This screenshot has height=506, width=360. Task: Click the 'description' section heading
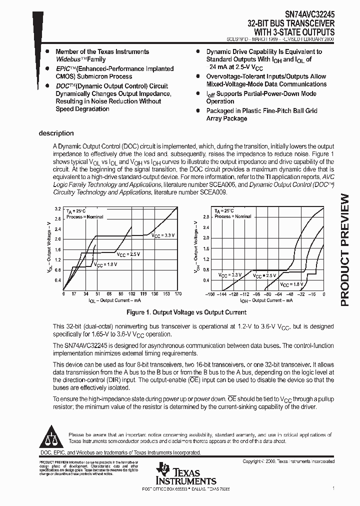coord(56,133)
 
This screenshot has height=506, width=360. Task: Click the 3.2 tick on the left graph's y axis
coord(57,208)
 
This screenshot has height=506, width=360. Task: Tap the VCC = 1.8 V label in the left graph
coord(105,265)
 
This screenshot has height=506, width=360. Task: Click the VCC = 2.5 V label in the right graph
coord(264,275)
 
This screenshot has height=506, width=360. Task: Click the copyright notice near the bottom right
coord(288,461)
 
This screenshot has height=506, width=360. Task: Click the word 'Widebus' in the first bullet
coord(67,59)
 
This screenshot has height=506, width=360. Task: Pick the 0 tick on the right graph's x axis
coord(323,294)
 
